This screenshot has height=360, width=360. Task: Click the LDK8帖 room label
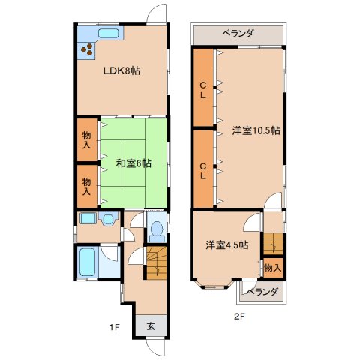121,71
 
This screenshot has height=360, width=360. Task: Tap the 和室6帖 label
133,163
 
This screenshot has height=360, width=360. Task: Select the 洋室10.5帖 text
256,130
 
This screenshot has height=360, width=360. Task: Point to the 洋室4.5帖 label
227,245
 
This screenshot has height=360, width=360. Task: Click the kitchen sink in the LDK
108,33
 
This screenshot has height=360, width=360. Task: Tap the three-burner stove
86,49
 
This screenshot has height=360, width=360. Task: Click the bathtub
88,262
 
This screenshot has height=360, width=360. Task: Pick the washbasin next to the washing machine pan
108,219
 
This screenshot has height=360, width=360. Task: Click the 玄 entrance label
151,326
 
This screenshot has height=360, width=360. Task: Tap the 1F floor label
115,327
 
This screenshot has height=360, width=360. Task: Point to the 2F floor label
238,316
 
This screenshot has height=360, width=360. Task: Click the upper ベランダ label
238,34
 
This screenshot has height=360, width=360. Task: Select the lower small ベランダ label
262,292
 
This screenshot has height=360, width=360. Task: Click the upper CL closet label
203,90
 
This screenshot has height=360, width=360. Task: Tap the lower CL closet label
203,171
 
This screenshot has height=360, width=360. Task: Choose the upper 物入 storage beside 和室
86,140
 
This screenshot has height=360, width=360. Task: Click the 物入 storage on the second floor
273,268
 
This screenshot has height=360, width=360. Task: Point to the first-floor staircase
157,262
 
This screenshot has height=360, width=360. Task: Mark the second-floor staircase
273,244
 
